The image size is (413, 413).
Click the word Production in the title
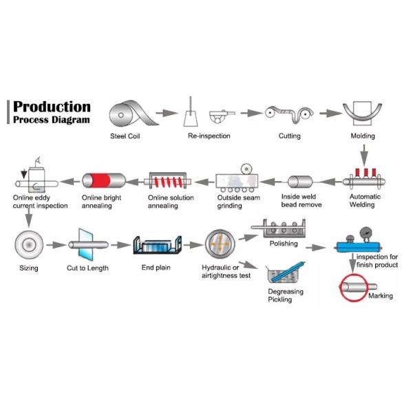[x=52, y=107]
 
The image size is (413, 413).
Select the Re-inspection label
[x=209, y=136]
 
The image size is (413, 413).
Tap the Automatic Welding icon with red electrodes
[x=364, y=178]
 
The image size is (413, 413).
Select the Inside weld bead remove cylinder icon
[x=302, y=182]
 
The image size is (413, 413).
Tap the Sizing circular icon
[x=29, y=244]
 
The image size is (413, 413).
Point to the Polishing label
[x=284, y=244]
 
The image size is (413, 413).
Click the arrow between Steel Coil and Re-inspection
[x=166, y=112]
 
